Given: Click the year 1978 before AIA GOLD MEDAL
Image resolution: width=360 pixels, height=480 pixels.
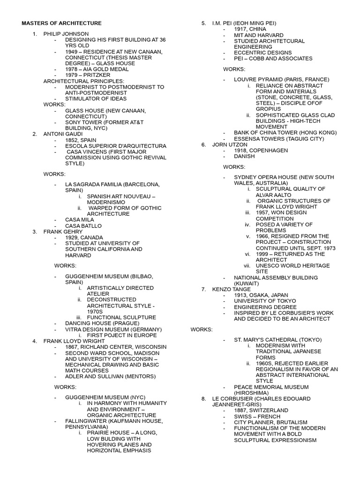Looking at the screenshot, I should click(x=72, y=69).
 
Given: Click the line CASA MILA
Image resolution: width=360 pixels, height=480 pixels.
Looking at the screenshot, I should click(x=79, y=220).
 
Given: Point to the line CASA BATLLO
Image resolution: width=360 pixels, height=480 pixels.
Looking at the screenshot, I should click(x=83, y=226).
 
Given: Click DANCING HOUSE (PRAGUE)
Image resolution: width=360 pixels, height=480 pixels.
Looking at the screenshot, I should click(x=102, y=323).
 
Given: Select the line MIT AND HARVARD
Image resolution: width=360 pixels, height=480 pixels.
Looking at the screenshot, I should click(x=259, y=35).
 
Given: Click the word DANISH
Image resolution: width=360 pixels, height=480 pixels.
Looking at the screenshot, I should click(x=245, y=157).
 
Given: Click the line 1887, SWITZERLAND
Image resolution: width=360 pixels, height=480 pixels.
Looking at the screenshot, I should click(x=261, y=410).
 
